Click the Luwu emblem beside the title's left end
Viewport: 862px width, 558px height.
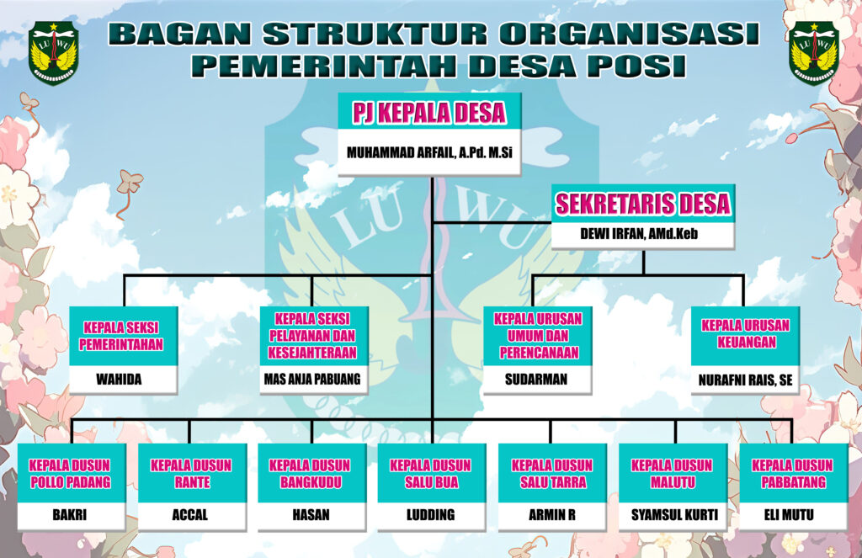coord(53,52)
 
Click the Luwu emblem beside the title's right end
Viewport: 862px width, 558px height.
coord(813,52)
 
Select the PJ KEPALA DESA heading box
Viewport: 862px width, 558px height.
coord(429,112)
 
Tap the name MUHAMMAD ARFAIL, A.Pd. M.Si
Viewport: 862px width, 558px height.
coord(429,153)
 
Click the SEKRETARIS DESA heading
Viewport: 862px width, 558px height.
coord(643,204)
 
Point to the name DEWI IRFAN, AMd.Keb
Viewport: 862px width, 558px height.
coord(643,236)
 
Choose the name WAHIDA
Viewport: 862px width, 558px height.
coord(123,380)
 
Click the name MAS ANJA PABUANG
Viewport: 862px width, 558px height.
coord(311,380)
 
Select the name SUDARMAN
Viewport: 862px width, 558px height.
coord(536,380)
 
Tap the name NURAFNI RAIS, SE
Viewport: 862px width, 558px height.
coord(745,380)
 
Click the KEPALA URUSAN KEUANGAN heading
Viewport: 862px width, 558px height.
coord(745,334)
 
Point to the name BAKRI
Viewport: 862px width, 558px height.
coord(70,515)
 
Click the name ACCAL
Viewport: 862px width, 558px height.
coord(190,515)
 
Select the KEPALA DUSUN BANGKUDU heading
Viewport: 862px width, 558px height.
coord(311,474)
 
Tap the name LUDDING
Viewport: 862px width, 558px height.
coord(430,515)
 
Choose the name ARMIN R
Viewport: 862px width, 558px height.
coord(551,515)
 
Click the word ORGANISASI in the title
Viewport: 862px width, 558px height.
coord(627,34)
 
